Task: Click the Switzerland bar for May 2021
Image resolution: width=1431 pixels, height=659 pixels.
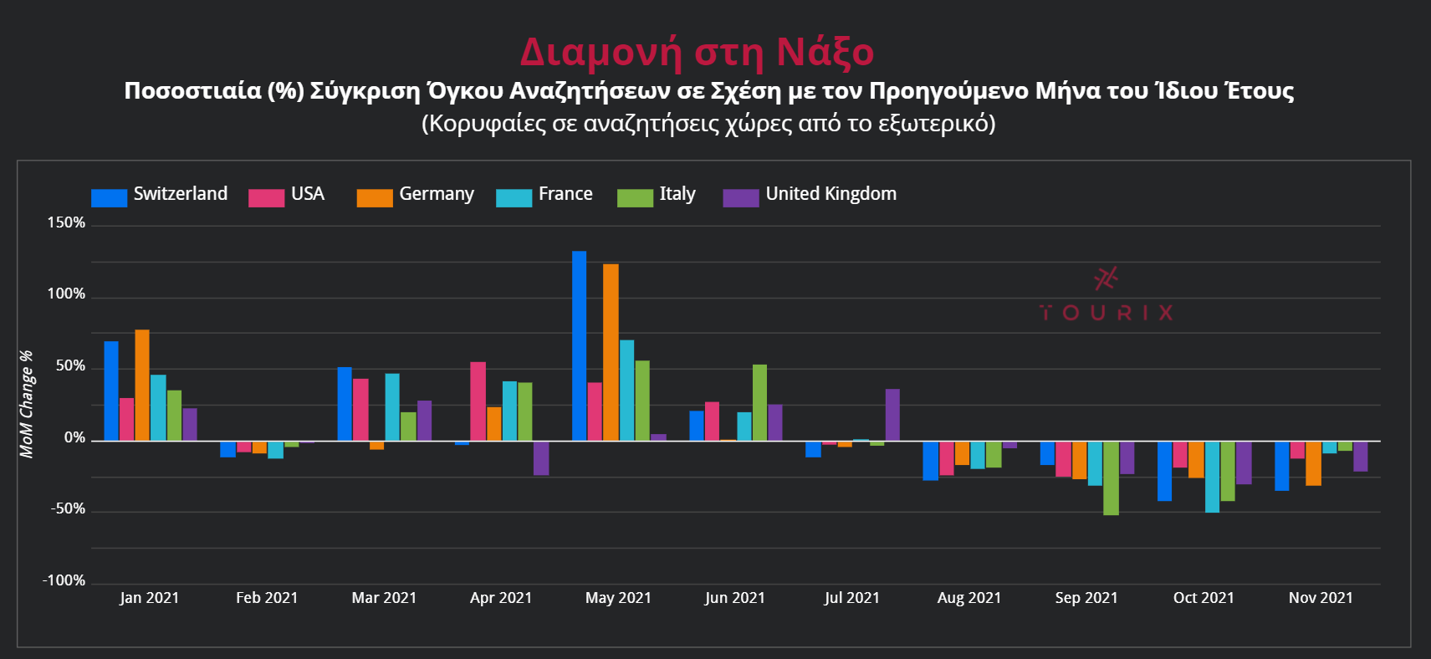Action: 579,345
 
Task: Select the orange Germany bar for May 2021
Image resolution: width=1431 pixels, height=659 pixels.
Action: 611,352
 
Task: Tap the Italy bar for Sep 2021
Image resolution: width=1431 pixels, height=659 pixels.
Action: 1111,478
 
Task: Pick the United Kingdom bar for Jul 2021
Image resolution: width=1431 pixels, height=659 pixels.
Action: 892,415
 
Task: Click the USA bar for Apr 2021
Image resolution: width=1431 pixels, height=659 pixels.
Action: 478,401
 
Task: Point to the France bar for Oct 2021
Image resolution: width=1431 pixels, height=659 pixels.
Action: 1212,477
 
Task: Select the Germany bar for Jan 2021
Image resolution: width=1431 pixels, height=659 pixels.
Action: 142,385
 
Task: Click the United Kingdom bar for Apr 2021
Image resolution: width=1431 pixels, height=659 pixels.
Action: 541,457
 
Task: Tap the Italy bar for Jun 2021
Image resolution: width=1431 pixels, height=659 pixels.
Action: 759,402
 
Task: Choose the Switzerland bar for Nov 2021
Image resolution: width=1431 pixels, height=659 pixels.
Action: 1281,466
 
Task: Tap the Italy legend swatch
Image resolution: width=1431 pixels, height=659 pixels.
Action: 635,197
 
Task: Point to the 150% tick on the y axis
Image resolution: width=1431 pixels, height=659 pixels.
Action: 66,223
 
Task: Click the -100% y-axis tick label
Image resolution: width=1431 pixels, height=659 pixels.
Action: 64,580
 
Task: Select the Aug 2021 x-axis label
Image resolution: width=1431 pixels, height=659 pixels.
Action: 968,598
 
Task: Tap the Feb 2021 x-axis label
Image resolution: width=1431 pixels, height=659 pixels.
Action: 266,598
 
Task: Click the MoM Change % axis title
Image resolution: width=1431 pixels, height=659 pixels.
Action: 27,404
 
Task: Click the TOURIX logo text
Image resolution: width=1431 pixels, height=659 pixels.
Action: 1106,313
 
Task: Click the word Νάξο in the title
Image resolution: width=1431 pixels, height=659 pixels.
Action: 825,52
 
